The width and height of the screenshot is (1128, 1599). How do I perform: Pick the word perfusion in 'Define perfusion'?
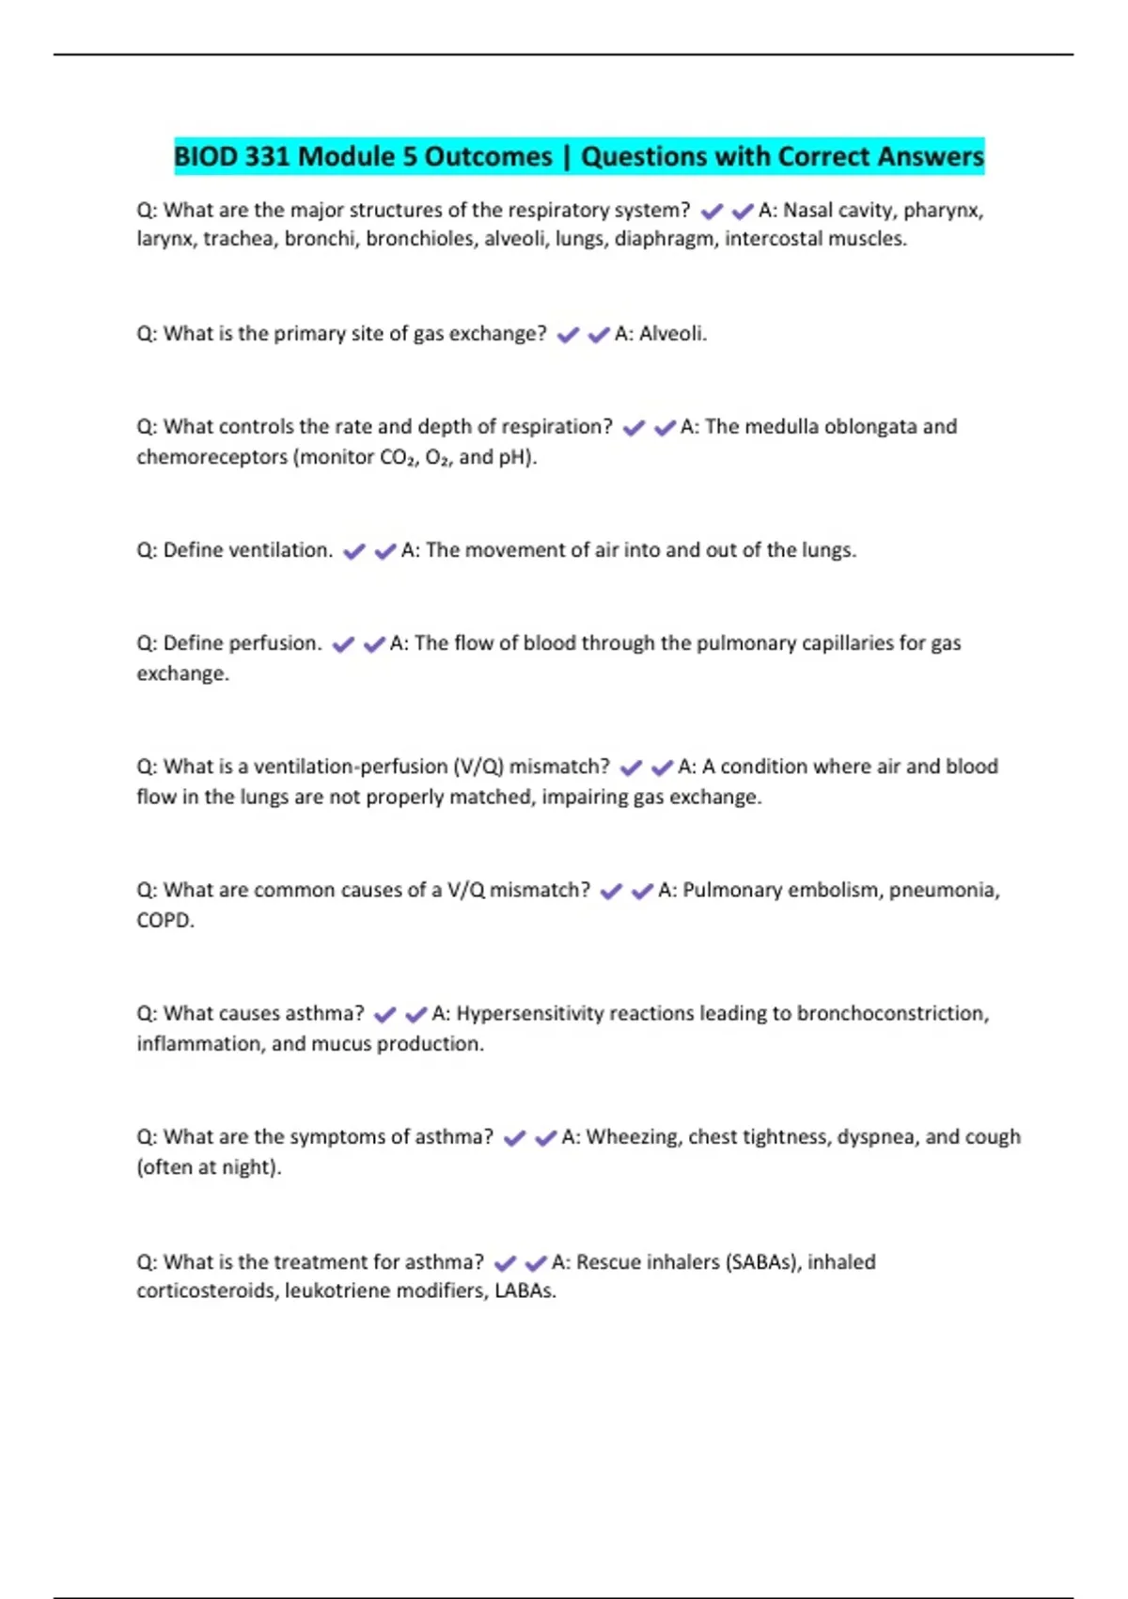pyautogui.click(x=275, y=643)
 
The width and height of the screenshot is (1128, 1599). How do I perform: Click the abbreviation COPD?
pyautogui.click(x=164, y=920)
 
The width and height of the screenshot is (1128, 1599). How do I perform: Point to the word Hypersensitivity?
pyautogui.click(x=529, y=1014)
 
